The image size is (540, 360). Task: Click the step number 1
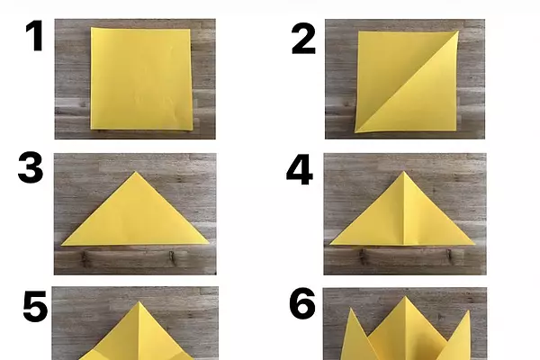35,36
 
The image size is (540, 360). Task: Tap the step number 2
303,39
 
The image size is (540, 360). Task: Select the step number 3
31,168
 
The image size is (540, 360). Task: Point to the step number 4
300,170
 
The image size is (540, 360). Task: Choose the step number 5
35,306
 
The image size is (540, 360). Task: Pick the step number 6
302,303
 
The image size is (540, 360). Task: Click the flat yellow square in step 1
141,79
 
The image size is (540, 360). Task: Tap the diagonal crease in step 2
407,82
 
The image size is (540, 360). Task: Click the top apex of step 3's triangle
136,172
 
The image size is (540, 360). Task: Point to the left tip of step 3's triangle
62,245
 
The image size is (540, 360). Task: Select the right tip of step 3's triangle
209,243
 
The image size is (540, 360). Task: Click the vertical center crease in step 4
404,208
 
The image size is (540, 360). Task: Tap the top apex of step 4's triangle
404,172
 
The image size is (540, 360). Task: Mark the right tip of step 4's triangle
475,244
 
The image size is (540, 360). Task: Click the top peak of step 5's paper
139,302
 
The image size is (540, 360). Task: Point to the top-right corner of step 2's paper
458,31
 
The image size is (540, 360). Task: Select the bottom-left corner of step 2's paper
355,131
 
